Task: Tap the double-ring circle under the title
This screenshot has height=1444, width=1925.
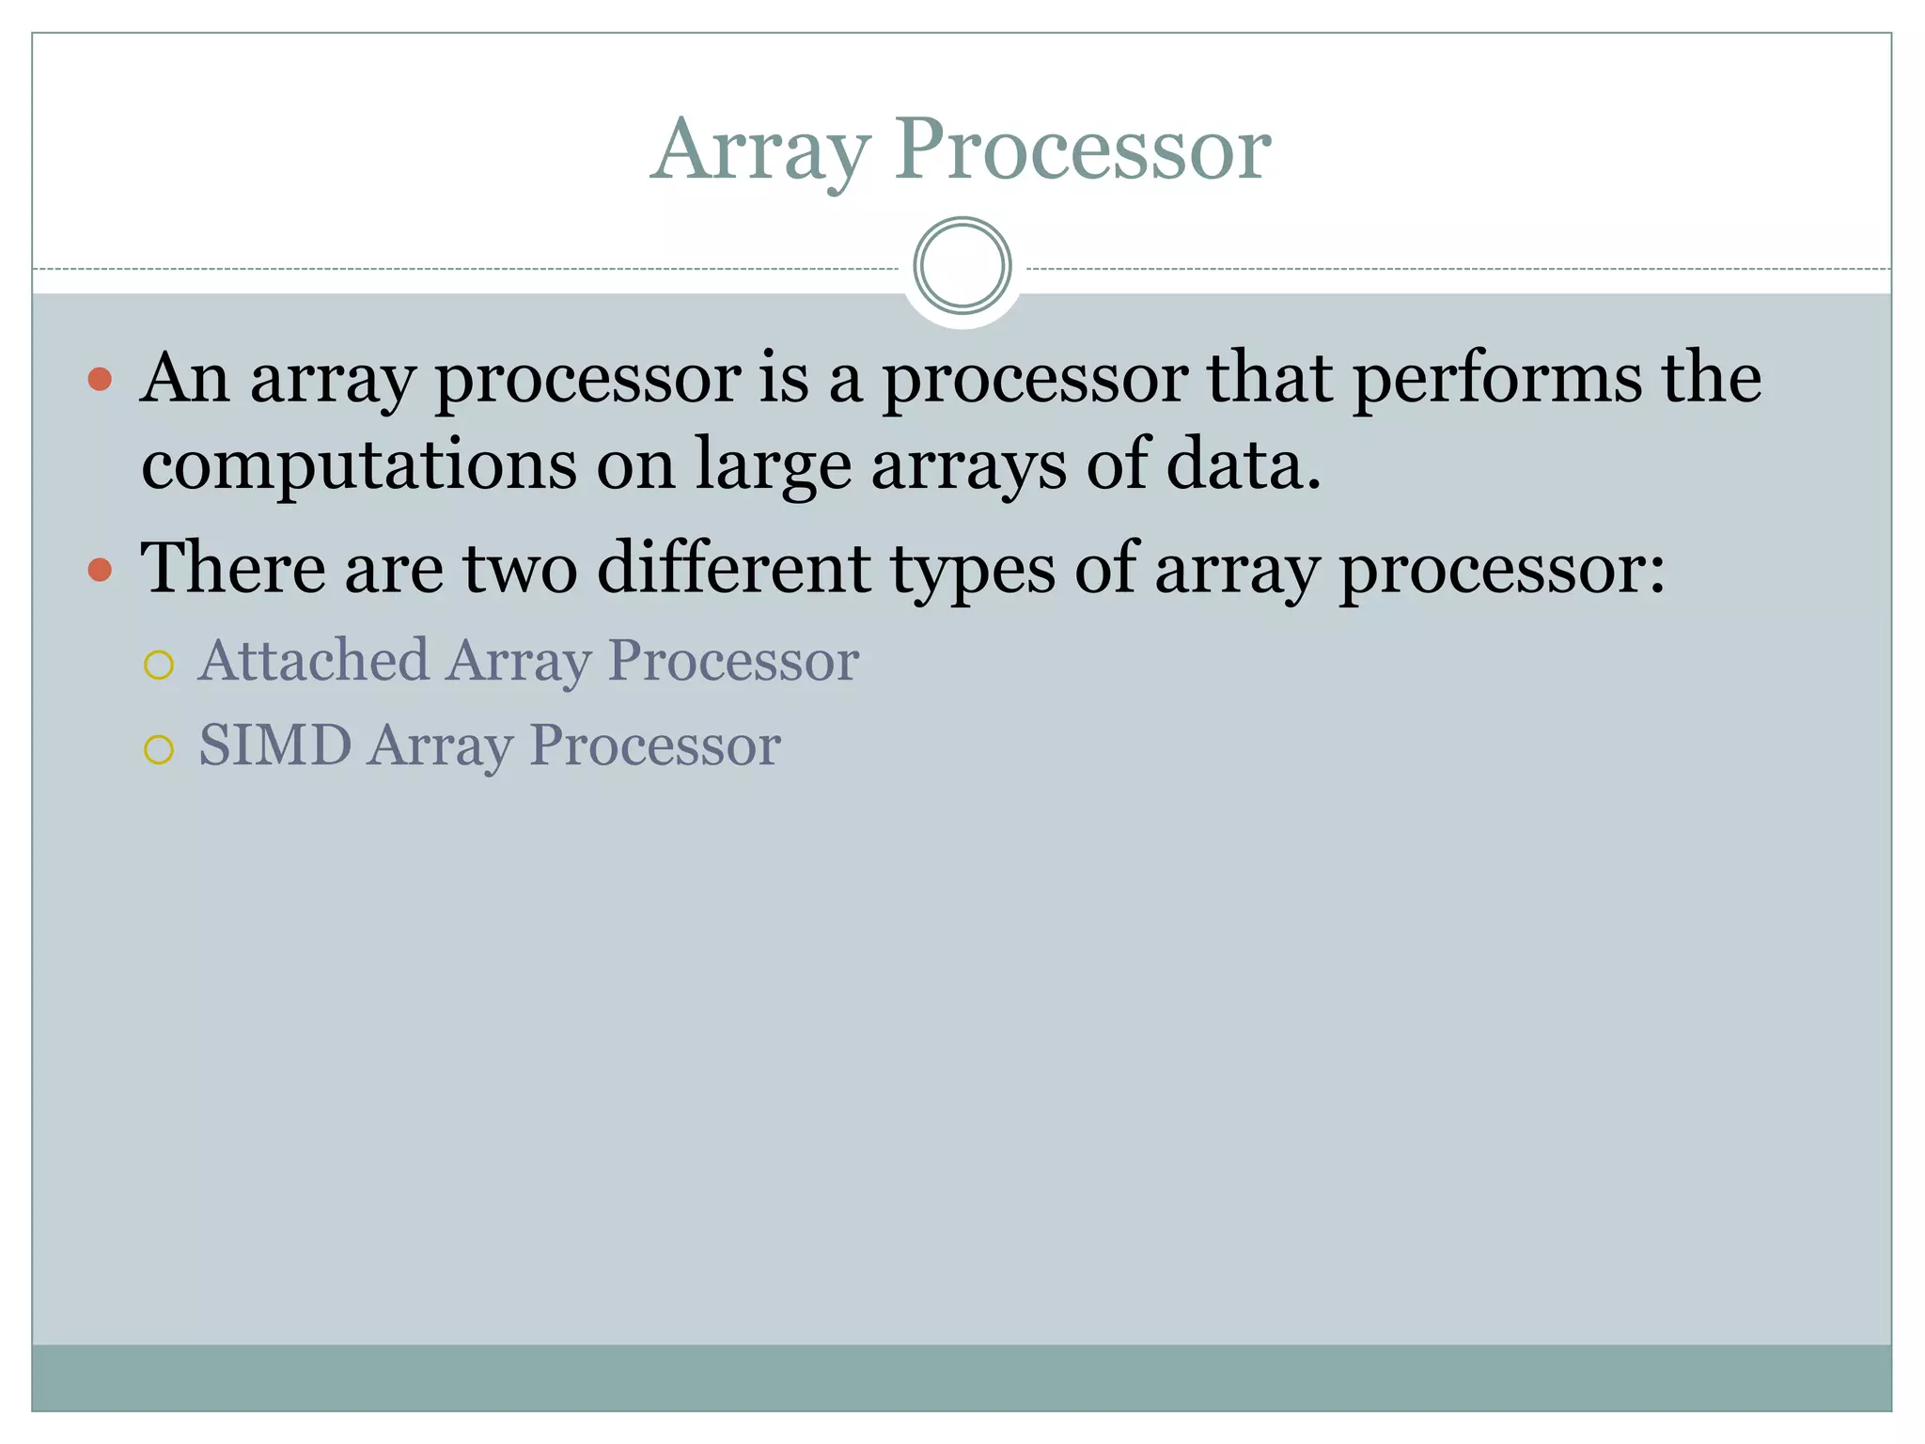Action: coord(962,266)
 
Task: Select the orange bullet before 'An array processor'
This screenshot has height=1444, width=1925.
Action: coord(100,380)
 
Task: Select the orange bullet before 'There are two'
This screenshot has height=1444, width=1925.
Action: coord(100,570)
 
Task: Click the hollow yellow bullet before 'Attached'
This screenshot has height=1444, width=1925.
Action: coord(159,665)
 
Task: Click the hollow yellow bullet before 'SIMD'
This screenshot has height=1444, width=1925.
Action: coord(159,749)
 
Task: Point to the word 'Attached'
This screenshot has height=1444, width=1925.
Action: coord(314,660)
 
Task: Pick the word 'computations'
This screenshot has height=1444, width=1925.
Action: coord(358,465)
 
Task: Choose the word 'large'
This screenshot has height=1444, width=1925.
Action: coord(773,465)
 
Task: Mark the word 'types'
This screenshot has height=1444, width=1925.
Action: coord(972,570)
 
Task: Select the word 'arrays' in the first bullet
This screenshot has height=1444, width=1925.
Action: coord(969,465)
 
